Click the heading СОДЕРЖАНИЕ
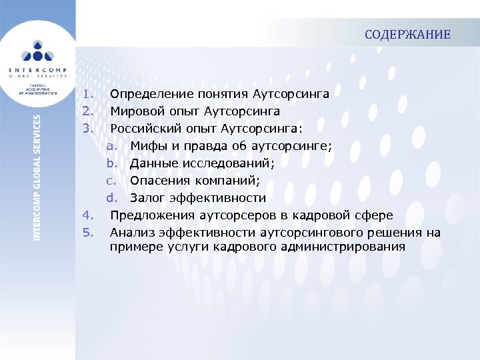[407, 35]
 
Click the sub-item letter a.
[111, 146]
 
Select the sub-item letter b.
[111, 163]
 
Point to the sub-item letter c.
[111, 181]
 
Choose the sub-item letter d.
[111, 198]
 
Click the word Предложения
[151, 215]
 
